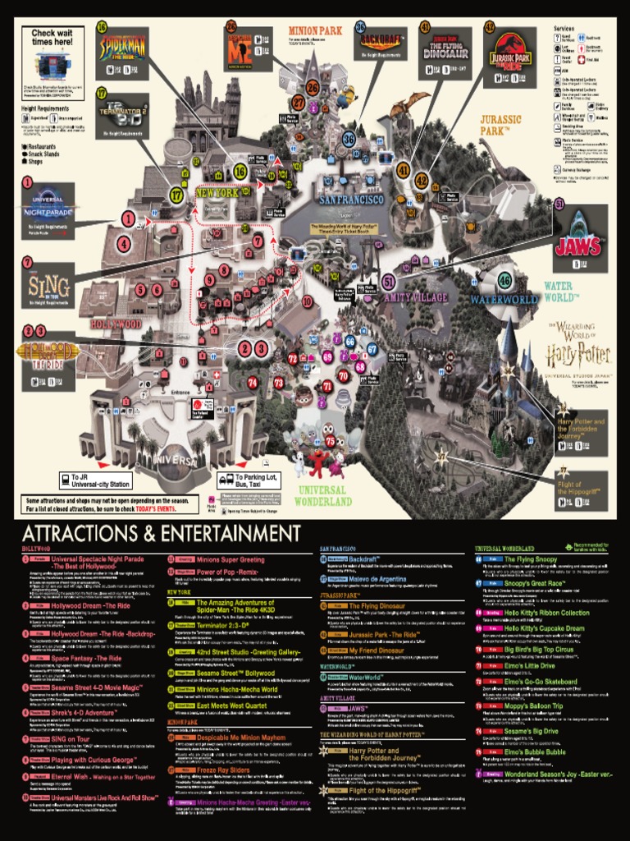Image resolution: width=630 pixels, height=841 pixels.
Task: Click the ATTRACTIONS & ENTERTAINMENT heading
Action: (x=161, y=532)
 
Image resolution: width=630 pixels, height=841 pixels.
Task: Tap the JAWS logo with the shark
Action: (x=579, y=245)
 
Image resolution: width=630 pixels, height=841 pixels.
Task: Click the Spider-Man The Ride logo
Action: (x=122, y=46)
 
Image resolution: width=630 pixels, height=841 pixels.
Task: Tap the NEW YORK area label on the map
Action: (x=216, y=195)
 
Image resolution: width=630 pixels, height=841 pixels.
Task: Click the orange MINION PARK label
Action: (x=315, y=32)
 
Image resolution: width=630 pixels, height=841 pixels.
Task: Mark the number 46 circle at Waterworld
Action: (x=504, y=279)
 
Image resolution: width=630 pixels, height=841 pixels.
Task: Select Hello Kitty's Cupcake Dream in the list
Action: (x=546, y=628)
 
